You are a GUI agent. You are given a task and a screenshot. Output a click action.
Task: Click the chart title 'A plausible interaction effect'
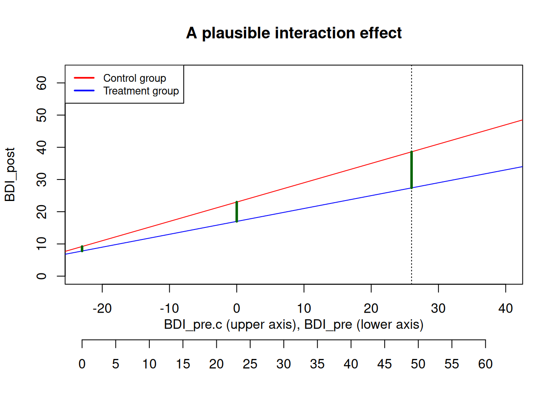pos(294,33)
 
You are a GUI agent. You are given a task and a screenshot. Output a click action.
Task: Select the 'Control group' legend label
pos(134,79)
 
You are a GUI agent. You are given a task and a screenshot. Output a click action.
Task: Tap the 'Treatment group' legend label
pos(141,91)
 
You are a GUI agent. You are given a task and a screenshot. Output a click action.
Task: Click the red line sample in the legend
pos(84,78)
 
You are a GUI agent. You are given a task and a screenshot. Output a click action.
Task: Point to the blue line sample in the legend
pos(84,91)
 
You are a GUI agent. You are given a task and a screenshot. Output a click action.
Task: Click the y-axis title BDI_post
pos(10,175)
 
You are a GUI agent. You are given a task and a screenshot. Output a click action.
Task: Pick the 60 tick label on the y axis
pos(41,83)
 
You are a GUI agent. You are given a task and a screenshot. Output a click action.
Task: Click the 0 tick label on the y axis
pos(41,276)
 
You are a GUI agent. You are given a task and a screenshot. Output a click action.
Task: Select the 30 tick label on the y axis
pos(41,179)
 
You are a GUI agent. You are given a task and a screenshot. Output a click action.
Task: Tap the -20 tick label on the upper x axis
pos(102,309)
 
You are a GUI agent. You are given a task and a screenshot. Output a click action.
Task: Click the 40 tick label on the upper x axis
pos(506,309)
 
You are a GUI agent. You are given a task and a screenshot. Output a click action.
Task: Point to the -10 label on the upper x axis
pos(169,309)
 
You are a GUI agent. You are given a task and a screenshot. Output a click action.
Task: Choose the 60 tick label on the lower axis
pos(486,364)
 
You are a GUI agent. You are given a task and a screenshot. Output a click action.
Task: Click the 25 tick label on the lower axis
pos(250,364)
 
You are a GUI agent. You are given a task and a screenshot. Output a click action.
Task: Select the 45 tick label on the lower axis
pos(384,364)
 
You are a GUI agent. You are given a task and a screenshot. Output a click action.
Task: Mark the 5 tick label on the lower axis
pos(116,364)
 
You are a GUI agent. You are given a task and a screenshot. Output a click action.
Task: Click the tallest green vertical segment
pos(412,170)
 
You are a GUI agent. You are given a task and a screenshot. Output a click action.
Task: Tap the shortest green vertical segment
pos(82,249)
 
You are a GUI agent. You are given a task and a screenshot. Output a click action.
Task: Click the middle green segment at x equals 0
pos(237,212)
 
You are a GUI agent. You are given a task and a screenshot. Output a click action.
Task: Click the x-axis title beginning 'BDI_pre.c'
pos(294,325)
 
